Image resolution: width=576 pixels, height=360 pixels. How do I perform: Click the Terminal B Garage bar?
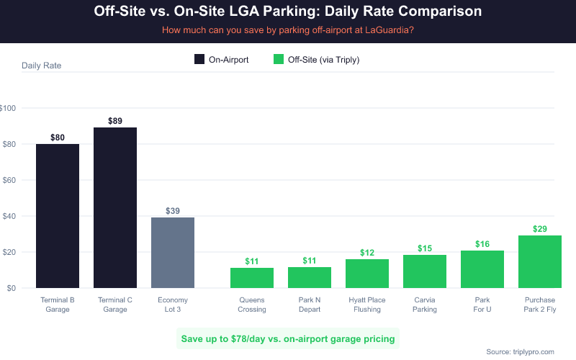(58, 216)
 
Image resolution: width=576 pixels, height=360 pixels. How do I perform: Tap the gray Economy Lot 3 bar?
(173, 253)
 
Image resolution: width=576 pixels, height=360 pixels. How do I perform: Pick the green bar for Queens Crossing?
(252, 278)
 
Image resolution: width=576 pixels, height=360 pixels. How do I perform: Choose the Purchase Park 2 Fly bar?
(540, 261)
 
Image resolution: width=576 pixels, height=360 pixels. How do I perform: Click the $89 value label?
(115, 121)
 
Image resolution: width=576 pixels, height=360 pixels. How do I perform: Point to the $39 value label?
(173, 211)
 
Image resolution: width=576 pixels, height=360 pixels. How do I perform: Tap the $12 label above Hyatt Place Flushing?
(367, 253)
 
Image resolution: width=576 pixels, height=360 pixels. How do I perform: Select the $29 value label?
(540, 229)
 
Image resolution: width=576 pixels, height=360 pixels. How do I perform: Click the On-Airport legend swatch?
(199, 60)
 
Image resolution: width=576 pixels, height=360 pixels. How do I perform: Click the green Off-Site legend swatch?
(279, 60)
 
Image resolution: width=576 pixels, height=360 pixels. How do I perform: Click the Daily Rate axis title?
(42, 66)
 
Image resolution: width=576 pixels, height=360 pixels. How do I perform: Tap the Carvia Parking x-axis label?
(425, 304)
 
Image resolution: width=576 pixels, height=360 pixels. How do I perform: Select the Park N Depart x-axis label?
(310, 304)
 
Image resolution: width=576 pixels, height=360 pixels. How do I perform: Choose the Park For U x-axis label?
(482, 304)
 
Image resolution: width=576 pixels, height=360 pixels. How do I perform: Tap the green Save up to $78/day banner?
(288, 338)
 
